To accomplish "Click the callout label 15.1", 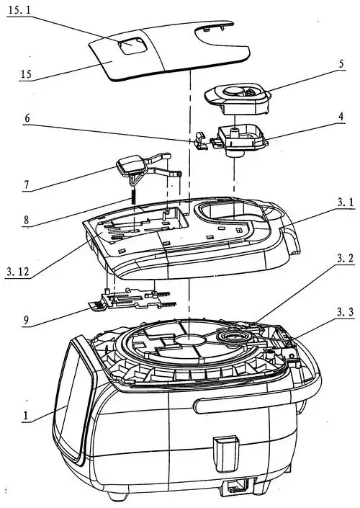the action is point(19,10).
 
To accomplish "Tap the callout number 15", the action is point(26,74).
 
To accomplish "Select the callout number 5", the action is point(341,63).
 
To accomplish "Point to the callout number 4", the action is point(341,117).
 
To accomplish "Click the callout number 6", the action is point(27,118).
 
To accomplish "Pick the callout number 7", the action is point(27,185).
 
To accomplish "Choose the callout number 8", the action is point(26,220).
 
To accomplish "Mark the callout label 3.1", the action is point(346,202).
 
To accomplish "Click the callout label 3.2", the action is point(346,259).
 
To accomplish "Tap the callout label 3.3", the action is point(346,312).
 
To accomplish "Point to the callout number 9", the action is point(26,320).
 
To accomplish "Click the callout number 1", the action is point(25,416).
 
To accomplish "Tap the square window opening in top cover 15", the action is point(132,46).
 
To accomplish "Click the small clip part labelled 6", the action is point(201,141).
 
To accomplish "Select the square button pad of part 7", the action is point(130,164).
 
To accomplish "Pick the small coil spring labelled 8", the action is point(132,197).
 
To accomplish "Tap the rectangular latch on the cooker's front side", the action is point(226,454).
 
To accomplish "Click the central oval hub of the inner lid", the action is point(190,340).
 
